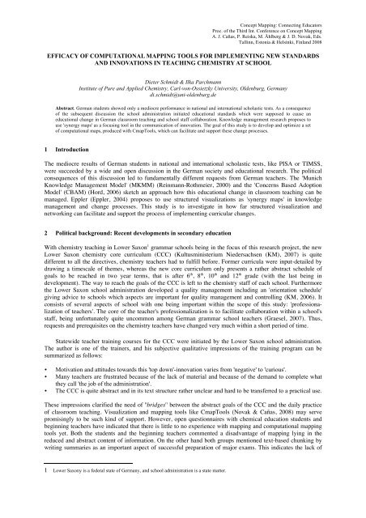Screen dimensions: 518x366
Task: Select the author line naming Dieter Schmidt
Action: pos(182,82)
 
